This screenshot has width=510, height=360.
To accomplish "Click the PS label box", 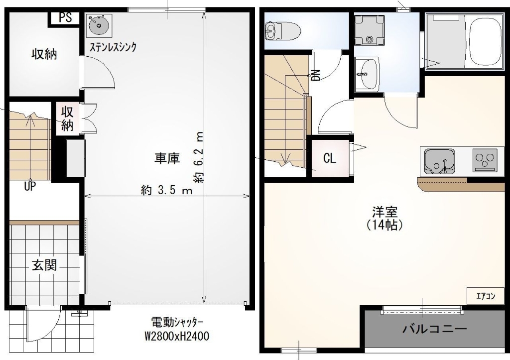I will [65, 17].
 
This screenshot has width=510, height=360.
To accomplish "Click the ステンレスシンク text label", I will [113, 47].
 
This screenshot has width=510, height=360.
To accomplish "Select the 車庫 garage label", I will [166, 158].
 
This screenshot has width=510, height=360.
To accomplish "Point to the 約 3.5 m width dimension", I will [166, 190].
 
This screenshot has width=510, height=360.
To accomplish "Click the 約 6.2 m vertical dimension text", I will [198, 157].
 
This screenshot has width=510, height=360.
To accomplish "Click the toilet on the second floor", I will [282, 30].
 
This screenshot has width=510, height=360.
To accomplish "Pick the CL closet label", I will [330, 159].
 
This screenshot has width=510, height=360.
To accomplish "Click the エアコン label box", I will [486, 296].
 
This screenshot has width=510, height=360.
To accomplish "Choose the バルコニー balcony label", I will [434, 329].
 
